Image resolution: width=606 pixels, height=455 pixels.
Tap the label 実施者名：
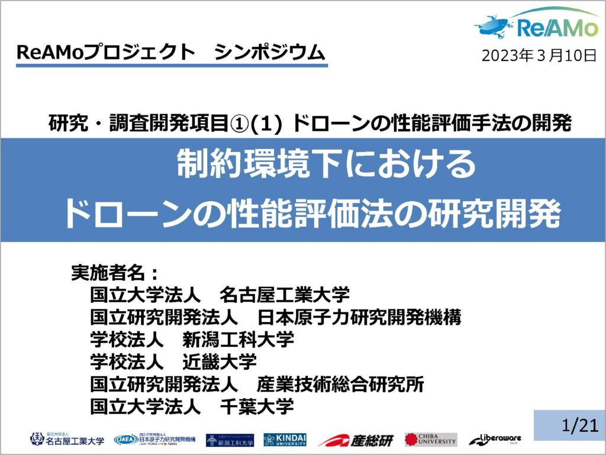pos(115,272)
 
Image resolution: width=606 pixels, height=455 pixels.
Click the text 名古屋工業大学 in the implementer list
pos(285,294)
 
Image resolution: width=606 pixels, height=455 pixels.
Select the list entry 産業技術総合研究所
pos(340,385)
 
